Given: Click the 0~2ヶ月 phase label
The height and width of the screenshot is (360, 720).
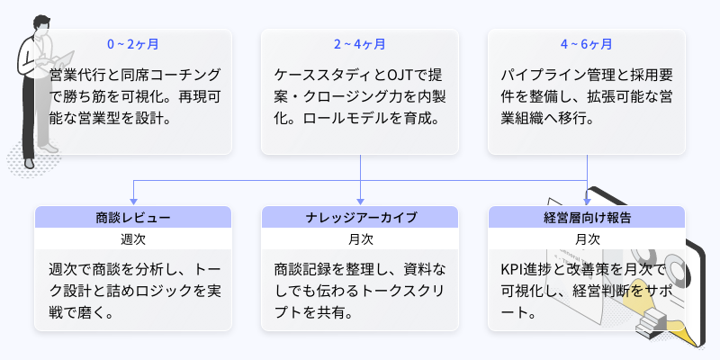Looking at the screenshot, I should (133, 43).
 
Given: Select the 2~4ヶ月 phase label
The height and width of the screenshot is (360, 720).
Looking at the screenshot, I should (360, 43).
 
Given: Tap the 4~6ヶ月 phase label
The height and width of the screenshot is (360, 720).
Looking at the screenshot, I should (587, 43).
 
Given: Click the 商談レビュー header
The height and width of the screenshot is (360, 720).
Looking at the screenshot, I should (133, 217).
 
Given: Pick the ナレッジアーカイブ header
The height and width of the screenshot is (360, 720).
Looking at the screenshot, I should (360, 217).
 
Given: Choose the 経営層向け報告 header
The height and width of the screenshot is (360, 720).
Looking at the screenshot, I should (587, 217).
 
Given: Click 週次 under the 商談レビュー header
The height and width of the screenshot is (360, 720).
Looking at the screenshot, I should (133, 239).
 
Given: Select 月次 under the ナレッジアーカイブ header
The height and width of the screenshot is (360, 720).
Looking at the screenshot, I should (360, 239).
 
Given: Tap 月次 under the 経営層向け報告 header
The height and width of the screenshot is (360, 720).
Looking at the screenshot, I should (587, 239).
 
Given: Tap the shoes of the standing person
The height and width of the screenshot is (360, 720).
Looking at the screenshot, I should (31, 163).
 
